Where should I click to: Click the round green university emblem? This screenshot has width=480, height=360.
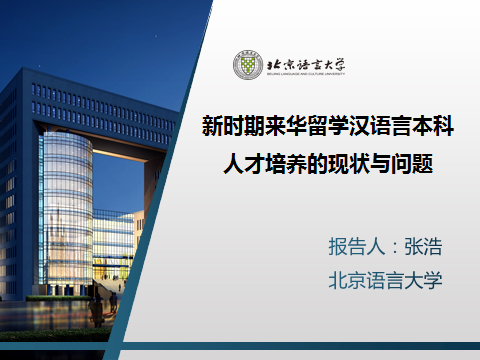coord(249,64)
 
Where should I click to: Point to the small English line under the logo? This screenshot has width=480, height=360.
coord(306,74)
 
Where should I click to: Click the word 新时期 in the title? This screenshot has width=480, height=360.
coord(233,127)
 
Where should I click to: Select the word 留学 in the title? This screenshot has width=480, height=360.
coord(315,127)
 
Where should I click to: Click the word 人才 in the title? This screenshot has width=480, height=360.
coord(242,162)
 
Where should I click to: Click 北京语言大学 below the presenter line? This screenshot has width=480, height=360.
coord(385,279)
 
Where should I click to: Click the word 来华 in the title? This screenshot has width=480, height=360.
coord(274,127)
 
